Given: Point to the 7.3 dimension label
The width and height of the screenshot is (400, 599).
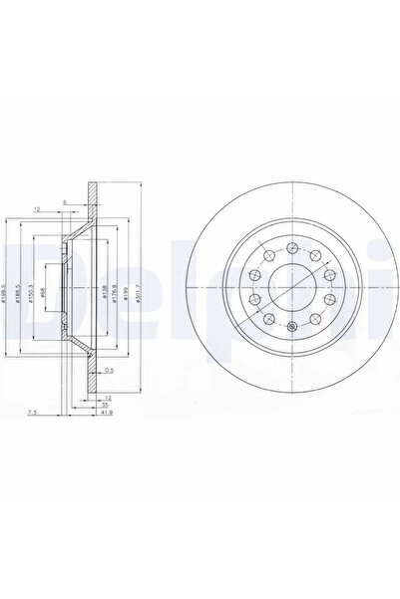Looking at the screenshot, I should pyautogui.click(x=34, y=411).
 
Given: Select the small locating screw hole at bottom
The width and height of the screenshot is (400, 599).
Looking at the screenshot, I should pyautogui.click(x=290, y=330).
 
